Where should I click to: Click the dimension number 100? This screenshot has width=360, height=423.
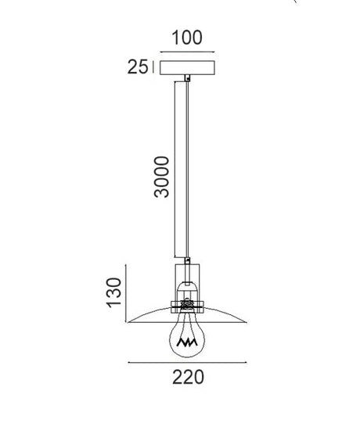tap(187, 38)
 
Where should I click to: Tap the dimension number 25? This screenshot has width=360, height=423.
tap(138, 66)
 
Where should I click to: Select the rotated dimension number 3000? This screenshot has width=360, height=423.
tap(161, 177)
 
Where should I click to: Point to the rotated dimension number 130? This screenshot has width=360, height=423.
tap(114, 292)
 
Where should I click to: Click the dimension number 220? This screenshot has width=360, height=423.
tap(189, 377)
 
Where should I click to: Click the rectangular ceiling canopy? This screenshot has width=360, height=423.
tap(187, 68)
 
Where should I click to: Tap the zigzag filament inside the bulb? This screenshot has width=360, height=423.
tap(187, 342)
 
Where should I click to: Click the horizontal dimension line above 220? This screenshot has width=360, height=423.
tap(187, 363)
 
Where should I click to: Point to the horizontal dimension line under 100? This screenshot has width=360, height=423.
tap(187, 52)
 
